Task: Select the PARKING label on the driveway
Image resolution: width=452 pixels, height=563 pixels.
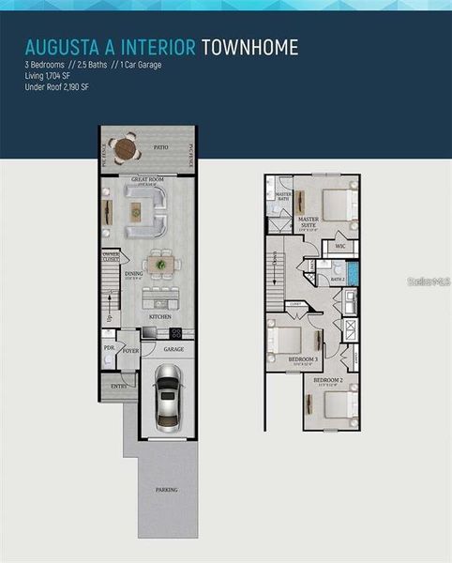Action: tap(166, 489)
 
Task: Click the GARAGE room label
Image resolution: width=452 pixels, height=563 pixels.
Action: tap(173, 349)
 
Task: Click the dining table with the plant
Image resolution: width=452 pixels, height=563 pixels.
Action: tap(162, 266)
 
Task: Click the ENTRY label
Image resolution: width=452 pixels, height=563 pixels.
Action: tap(118, 385)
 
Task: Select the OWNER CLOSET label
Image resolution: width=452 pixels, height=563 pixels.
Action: tap(111, 256)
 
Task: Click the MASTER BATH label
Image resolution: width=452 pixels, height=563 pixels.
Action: tap(283, 197)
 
